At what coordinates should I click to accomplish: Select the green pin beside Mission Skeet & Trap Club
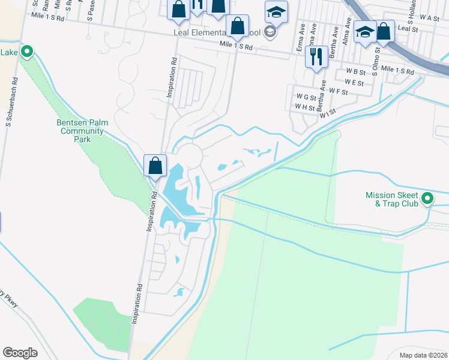point(427,197)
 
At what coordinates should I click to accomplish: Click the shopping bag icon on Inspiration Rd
point(155,165)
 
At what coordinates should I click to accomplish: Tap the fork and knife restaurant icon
point(316,56)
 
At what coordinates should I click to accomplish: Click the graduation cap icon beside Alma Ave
point(364,31)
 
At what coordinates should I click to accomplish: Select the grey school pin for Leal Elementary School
point(270,32)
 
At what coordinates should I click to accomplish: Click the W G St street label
point(306,96)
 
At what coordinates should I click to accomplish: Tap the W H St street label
point(304,107)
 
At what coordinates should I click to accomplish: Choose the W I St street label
point(328,112)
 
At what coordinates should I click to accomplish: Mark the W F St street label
point(339,92)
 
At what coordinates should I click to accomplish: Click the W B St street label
point(355,71)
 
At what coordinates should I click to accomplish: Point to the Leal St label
point(408,28)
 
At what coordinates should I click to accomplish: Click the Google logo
point(20,352)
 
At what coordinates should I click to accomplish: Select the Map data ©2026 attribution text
point(423,355)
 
